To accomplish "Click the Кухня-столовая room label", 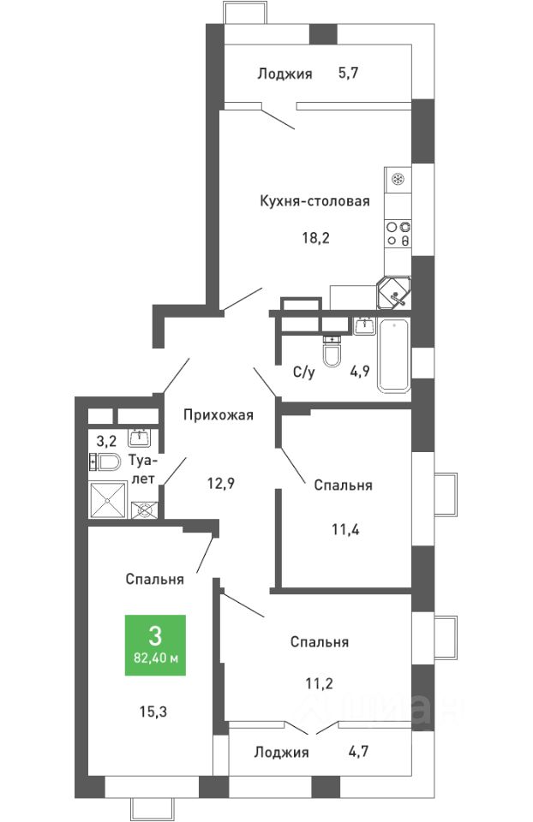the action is (314, 200).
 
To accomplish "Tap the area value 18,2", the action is (315, 238).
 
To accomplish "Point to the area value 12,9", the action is (220, 483).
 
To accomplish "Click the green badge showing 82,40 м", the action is (155, 645).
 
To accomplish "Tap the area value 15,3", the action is (153, 712).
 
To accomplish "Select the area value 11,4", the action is (345, 529).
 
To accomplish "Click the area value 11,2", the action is (320, 683).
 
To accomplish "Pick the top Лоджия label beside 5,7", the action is (284, 74).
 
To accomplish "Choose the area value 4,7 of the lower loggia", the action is (357, 751).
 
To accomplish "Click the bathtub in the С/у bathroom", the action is (394, 354).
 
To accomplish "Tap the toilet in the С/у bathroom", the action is (332, 351).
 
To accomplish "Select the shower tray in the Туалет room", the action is (108, 500).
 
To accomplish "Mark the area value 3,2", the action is (106, 438).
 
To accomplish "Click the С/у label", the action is (303, 372).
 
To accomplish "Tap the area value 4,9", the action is (360, 372).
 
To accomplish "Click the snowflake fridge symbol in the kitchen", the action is (398, 180).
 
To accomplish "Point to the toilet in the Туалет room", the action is (105, 462).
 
